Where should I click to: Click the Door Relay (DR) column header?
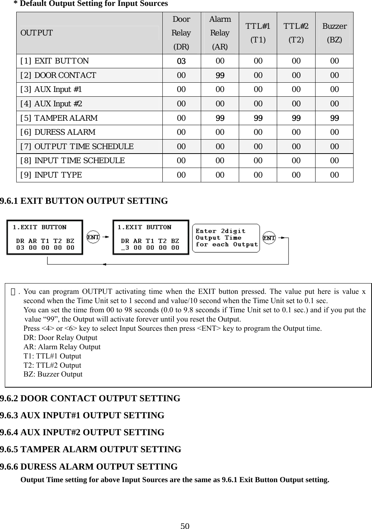point(181,33)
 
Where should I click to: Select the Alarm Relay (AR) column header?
point(220,33)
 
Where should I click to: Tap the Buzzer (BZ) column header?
point(334,33)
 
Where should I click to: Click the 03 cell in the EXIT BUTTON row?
point(181,61)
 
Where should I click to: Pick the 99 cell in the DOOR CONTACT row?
point(220,75)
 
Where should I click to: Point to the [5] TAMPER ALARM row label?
point(59,118)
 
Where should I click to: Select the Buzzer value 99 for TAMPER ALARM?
point(334,118)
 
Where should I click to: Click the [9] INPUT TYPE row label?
point(51,175)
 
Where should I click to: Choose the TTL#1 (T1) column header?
point(258,33)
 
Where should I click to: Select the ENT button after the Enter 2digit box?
point(269,238)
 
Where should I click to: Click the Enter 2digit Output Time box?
point(227,238)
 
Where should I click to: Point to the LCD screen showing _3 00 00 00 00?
point(151,237)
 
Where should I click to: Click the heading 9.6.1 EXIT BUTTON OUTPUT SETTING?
point(84,201)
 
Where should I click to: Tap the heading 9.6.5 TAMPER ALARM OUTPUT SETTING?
point(91,450)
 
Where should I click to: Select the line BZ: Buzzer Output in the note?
point(53,374)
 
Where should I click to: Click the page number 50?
point(185,526)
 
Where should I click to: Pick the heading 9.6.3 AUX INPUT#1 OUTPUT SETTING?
point(82,416)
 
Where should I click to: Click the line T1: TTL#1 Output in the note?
point(52,356)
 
